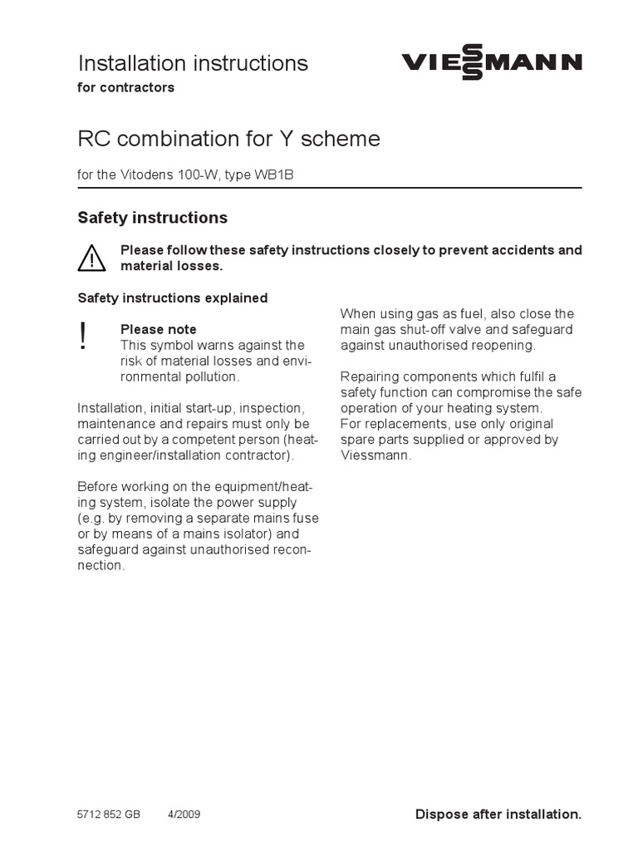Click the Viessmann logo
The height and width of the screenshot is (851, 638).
click(492, 63)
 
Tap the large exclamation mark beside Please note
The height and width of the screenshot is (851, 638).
click(83, 337)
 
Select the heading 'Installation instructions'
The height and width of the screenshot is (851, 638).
click(193, 63)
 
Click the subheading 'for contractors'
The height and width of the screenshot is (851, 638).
click(126, 87)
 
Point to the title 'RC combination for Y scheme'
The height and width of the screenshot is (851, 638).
click(228, 138)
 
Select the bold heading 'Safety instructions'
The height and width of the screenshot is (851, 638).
click(152, 218)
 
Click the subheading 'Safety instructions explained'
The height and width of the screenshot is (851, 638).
click(173, 298)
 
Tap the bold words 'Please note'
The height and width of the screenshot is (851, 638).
click(159, 329)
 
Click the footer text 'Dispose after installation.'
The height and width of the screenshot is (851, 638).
click(498, 814)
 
